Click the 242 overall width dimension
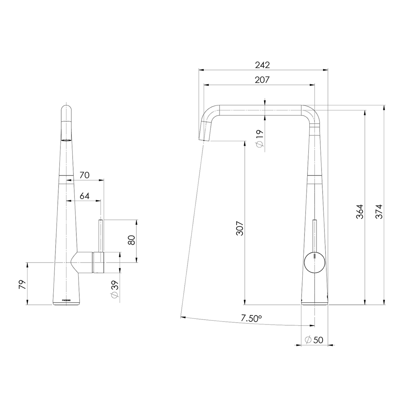tap(262, 65)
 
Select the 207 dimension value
tap(262, 80)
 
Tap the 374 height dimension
tap(379, 212)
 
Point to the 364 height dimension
tap(360, 212)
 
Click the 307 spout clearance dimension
tap(240, 228)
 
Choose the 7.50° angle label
tap(251, 318)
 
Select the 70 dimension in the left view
tap(84, 175)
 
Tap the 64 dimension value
tap(85, 196)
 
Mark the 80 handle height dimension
tap(131, 240)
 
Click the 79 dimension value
tap(23, 284)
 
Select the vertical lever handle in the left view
tap(101, 235)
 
